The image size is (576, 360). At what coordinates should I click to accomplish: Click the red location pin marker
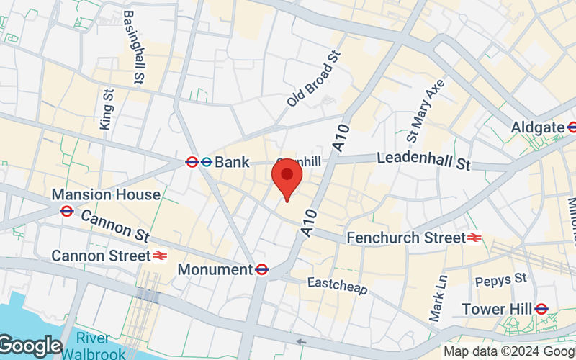(287, 179)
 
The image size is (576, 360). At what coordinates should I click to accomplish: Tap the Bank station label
(232, 162)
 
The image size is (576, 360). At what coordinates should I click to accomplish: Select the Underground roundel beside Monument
(262, 270)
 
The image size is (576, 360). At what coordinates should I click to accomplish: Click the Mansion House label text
(106, 194)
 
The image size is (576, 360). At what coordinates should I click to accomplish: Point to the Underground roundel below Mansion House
(67, 211)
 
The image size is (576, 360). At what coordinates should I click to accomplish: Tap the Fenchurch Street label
(406, 237)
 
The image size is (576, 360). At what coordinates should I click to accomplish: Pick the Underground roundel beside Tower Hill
(541, 309)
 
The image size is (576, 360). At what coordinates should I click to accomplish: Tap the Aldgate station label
(537, 127)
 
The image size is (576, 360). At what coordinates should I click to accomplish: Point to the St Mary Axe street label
(426, 110)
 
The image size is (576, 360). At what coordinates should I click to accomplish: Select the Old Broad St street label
(312, 78)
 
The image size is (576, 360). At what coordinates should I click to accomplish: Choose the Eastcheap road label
(338, 285)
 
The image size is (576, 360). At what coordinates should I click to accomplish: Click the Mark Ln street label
(438, 297)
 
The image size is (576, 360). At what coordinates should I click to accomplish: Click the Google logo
(30, 346)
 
